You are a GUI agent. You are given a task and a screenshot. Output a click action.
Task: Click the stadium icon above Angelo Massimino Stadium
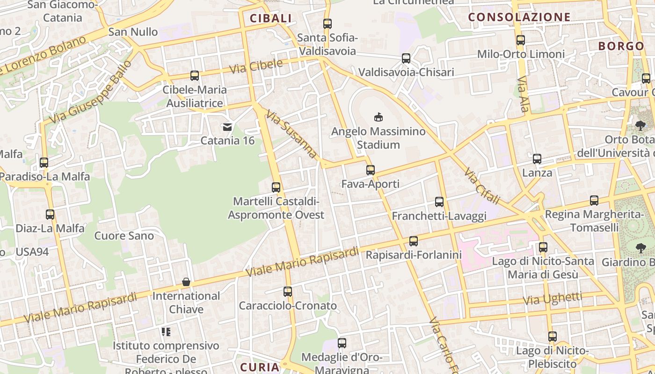pyautogui.click(x=378, y=117)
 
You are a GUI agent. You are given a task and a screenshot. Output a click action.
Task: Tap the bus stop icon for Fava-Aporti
pyautogui.click(x=371, y=170)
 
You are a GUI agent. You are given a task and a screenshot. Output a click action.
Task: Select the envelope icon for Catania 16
pyautogui.click(x=227, y=127)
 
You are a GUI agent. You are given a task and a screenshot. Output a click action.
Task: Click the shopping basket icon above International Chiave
pyautogui.click(x=186, y=282)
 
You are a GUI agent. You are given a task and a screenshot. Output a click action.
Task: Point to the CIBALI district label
pyautogui.click(x=270, y=19)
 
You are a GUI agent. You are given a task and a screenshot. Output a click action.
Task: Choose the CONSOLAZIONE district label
pyautogui.click(x=519, y=17)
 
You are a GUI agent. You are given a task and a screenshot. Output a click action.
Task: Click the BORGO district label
pyautogui.click(x=621, y=46)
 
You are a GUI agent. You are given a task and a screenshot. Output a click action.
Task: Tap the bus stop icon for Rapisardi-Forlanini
pyautogui.click(x=414, y=241)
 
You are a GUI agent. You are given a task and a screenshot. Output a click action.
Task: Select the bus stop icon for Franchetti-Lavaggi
pyautogui.click(x=439, y=202)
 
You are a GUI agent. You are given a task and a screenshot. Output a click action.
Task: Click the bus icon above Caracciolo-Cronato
pyautogui.click(x=288, y=292)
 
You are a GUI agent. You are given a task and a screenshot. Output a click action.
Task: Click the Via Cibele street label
pyautogui.click(x=256, y=66)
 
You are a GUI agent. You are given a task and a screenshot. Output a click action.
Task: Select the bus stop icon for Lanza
pyautogui.click(x=537, y=159)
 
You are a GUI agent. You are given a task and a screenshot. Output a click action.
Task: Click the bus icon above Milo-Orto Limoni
pyautogui.click(x=521, y=40)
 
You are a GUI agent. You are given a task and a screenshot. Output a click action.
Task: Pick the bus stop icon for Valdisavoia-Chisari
pyautogui.click(x=406, y=58)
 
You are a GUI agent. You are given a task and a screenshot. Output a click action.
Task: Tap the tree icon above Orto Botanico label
pyautogui.click(x=640, y=125)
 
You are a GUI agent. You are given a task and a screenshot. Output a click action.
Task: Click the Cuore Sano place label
pyautogui.click(x=124, y=236)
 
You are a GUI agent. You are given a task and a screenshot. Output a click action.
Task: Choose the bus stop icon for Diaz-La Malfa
pyautogui.click(x=50, y=215)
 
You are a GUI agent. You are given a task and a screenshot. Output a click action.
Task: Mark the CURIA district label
pyautogui.click(x=260, y=367)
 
